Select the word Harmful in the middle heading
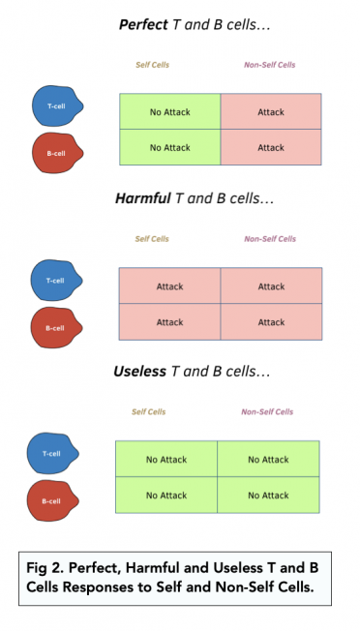pyautogui.click(x=142, y=198)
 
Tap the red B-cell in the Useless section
pyautogui.click(x=53, y=499)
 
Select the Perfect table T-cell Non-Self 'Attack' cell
pyautogui.click(x=271, y=112)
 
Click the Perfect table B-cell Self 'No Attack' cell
pyautogui.click(x=169, y=148)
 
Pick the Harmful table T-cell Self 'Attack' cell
pyautogui.click(x=169, y=286)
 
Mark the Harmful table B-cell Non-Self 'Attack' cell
pyautogui.click(x=271, y=322)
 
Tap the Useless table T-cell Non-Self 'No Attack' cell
pyautogui.click(x=268, y=460)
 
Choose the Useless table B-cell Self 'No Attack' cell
pyautogui.click(x=165, y=496)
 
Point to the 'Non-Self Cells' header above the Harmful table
pyautogui.click(x=270, y=238)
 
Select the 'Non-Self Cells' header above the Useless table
pyautogui.click(x=267, y=411)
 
